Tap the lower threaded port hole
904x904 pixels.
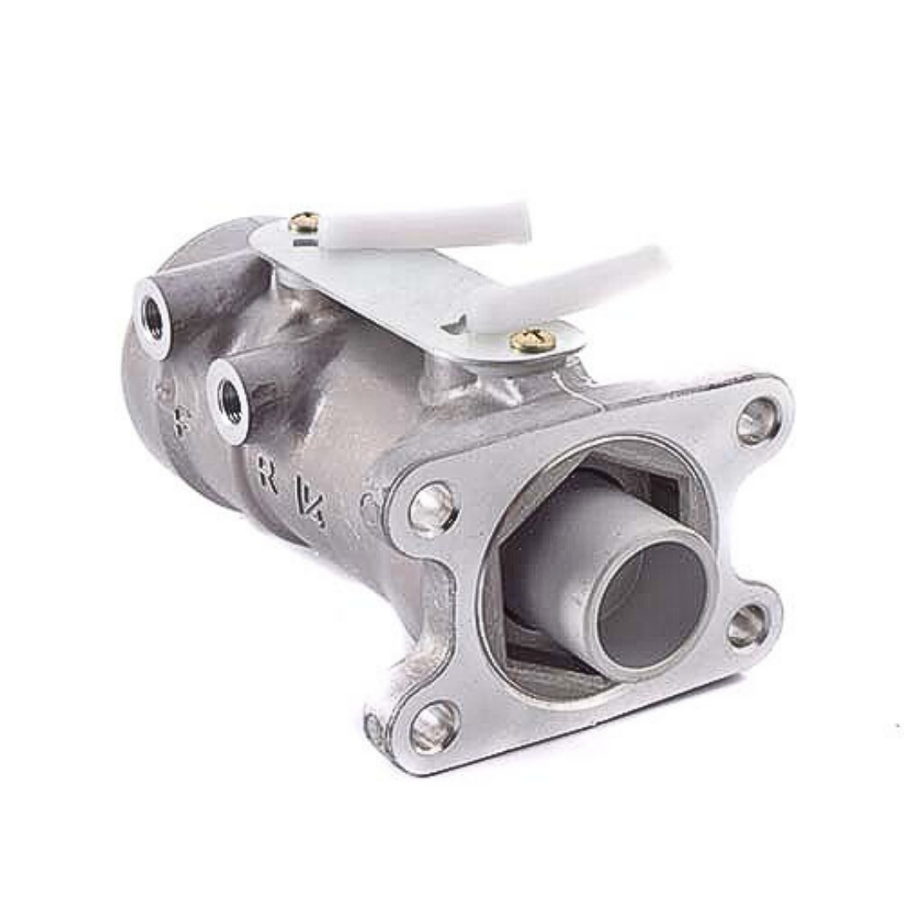[x=227, y=395]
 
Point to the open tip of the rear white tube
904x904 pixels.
[x=521, y=216]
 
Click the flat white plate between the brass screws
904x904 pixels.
[x=402, y=295]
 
